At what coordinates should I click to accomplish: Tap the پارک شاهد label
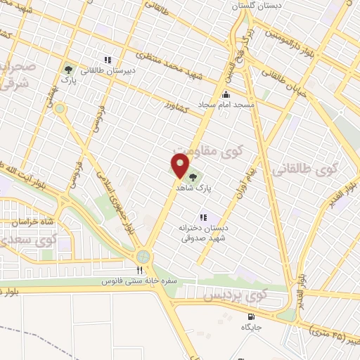tap(204, 188)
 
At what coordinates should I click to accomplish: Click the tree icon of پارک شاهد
tap(193, 178)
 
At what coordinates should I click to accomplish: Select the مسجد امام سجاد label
tap(224, 104)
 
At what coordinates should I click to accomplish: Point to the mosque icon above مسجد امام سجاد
tap(225, 95)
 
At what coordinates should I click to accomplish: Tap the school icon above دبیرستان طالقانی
tap(108, 60)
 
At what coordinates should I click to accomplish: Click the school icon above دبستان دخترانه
tap(203, 218)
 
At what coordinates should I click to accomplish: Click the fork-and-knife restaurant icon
tap(139, 269)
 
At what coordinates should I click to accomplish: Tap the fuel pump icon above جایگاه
tap(251, 316)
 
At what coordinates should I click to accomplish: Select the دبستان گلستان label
tap(262, 4)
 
